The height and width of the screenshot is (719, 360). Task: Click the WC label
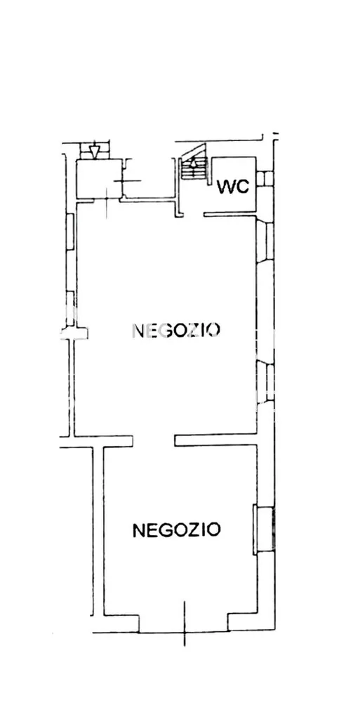pos(233,187)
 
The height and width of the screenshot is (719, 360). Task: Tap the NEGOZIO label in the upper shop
pos(176,330)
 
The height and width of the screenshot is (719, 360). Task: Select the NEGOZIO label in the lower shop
pos(176,530)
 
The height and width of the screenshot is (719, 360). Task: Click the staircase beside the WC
pos(193,162)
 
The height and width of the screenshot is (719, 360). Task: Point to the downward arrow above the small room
pos(94,152)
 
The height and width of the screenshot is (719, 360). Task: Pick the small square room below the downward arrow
pos(99,179)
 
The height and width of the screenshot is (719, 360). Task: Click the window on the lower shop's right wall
pos(264,529)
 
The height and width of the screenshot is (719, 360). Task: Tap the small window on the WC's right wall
pos(265,178)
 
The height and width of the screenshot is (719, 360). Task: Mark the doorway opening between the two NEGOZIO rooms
pos(154,441)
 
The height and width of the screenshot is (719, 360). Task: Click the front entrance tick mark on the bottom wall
pos(184,624)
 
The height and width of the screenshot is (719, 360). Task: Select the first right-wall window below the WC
pos(265,242)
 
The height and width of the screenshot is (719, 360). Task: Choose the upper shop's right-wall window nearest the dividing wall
pos(265,383)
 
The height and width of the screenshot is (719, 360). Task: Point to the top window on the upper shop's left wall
pos(69,232)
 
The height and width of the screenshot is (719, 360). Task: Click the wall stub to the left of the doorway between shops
pos(96,442)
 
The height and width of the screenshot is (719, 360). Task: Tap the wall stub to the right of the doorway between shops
pos(215,440)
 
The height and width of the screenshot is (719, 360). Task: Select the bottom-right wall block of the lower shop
pos(251,622)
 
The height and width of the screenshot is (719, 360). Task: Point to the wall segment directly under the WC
pos(229,213)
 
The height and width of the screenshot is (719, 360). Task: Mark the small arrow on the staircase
pos(193,162)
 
